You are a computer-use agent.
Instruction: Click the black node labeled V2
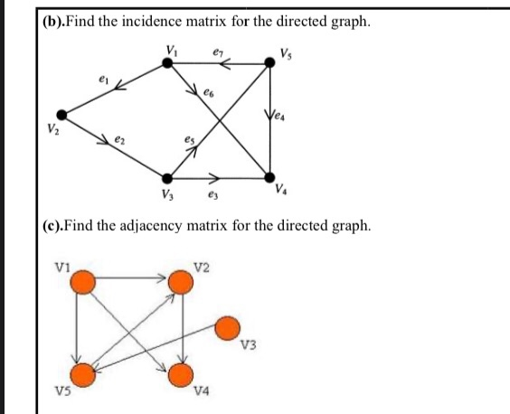61,114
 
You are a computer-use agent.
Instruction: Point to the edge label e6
210,92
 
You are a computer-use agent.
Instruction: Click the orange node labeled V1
83,283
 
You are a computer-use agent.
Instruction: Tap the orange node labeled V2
182,283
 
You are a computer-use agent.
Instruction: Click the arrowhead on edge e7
225,63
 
